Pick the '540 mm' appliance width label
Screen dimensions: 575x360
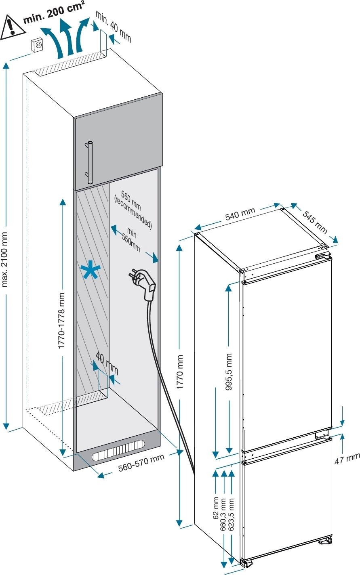(x=240, y=214)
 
